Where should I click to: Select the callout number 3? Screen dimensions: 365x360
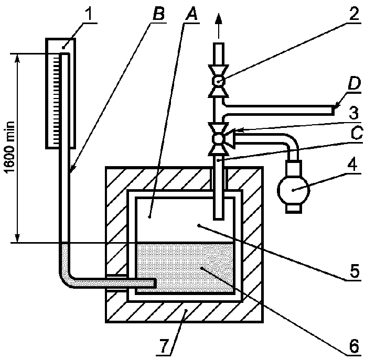[x=354, y=114]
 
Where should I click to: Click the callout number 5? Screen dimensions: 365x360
[x=354, y=271]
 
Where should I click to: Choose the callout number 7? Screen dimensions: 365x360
[x=164, y=346]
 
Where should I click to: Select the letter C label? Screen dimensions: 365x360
[x=356, y=133]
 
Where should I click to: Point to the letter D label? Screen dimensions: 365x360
[x=355, y=84]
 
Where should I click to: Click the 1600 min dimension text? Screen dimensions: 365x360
[x=10, y=148]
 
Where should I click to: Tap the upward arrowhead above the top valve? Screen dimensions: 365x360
[x=219, y=18]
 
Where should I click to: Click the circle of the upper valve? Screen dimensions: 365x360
[x=219, y=81]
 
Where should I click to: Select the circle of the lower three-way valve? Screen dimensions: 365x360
[x=219, y=139]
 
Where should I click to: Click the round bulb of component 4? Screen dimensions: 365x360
[x=294, y=190]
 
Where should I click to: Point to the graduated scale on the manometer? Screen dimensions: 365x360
[x=56, y=100]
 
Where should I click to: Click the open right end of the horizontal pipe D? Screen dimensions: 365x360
[x=334, y=110]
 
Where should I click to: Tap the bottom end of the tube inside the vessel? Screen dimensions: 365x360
[x=219, y=219]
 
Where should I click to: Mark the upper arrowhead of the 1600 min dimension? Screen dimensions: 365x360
[x=17, y=59]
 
